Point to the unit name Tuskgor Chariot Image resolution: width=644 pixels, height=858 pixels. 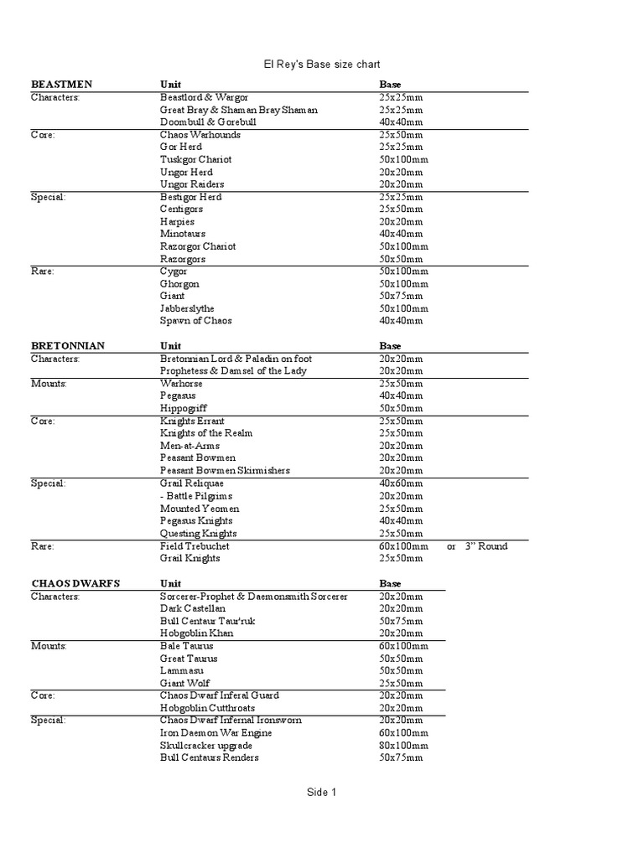195,159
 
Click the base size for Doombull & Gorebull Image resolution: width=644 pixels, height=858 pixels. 401,122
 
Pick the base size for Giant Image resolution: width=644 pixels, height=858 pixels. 401,296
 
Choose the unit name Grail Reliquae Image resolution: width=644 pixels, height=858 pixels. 193,483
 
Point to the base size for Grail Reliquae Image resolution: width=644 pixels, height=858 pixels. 401,483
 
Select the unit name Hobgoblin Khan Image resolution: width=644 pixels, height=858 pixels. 197,633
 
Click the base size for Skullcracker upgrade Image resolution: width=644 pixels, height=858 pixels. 403,745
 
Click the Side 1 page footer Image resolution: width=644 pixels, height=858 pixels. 321,792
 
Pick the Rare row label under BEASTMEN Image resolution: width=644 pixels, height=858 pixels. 43,271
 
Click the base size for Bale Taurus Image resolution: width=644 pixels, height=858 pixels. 403,646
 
